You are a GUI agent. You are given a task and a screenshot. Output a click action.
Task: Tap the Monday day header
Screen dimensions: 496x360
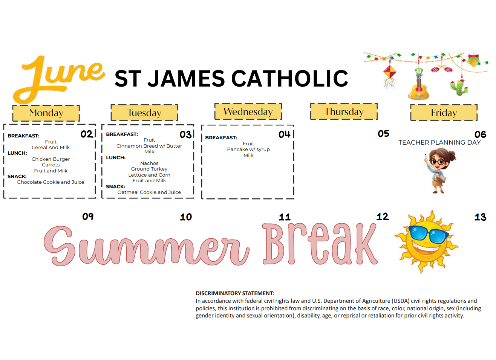46,113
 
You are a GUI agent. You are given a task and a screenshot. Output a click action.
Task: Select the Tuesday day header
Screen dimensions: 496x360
144,113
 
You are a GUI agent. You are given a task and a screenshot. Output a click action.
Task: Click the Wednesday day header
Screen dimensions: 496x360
248,111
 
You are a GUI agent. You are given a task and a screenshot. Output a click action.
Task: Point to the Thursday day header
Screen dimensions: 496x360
344,111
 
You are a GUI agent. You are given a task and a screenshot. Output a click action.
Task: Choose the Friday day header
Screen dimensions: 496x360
444,113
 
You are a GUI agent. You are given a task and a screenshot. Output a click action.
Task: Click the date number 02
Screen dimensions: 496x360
87,134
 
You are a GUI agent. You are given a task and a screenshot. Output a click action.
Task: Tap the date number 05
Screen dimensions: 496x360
384,134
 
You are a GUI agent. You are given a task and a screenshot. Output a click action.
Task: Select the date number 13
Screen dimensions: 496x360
480,217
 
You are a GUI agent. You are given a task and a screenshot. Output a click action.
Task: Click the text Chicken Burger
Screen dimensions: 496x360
51,159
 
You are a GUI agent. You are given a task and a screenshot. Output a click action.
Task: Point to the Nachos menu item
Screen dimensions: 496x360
149,163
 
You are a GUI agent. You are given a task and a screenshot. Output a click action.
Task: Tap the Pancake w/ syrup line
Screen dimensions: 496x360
248,149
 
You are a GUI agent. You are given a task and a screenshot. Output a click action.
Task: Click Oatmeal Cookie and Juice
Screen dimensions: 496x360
149,192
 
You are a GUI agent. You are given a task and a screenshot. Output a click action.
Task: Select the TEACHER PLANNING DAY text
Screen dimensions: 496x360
439,142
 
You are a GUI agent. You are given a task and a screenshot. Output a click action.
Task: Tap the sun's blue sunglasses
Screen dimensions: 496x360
429,235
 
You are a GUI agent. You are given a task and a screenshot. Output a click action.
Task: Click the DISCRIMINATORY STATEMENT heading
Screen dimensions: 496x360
235,293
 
